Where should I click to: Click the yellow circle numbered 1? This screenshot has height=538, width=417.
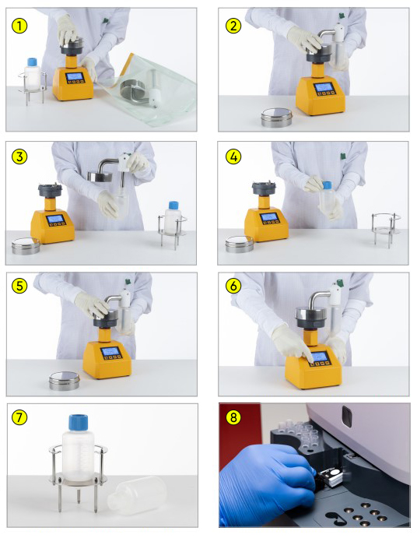[x=19, y=26]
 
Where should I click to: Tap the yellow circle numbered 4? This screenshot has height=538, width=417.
[x=233, y=156]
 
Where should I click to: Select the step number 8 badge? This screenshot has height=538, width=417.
[x=233, y=417]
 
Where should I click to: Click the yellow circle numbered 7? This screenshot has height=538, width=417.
[x=19, y=417]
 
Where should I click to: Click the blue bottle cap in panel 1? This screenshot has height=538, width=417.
[x=32, y=62]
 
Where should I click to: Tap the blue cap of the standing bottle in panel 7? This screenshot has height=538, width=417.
[x=78, y=422]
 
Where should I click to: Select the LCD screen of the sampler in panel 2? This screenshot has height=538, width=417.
[x=323, y=87]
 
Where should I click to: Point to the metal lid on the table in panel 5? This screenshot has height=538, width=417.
[x=65, y=381]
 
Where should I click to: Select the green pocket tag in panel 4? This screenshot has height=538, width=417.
[x=342, y=156]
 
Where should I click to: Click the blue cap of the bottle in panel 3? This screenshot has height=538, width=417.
[x=173, y=206]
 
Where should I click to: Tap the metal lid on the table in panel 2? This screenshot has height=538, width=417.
[x=276, y=118]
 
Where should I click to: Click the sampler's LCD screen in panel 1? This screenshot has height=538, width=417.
[x=75, y=76]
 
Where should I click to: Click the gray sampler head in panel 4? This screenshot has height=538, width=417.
[x=264, y=188]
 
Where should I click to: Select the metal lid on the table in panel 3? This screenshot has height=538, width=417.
[x=26, y=246]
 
